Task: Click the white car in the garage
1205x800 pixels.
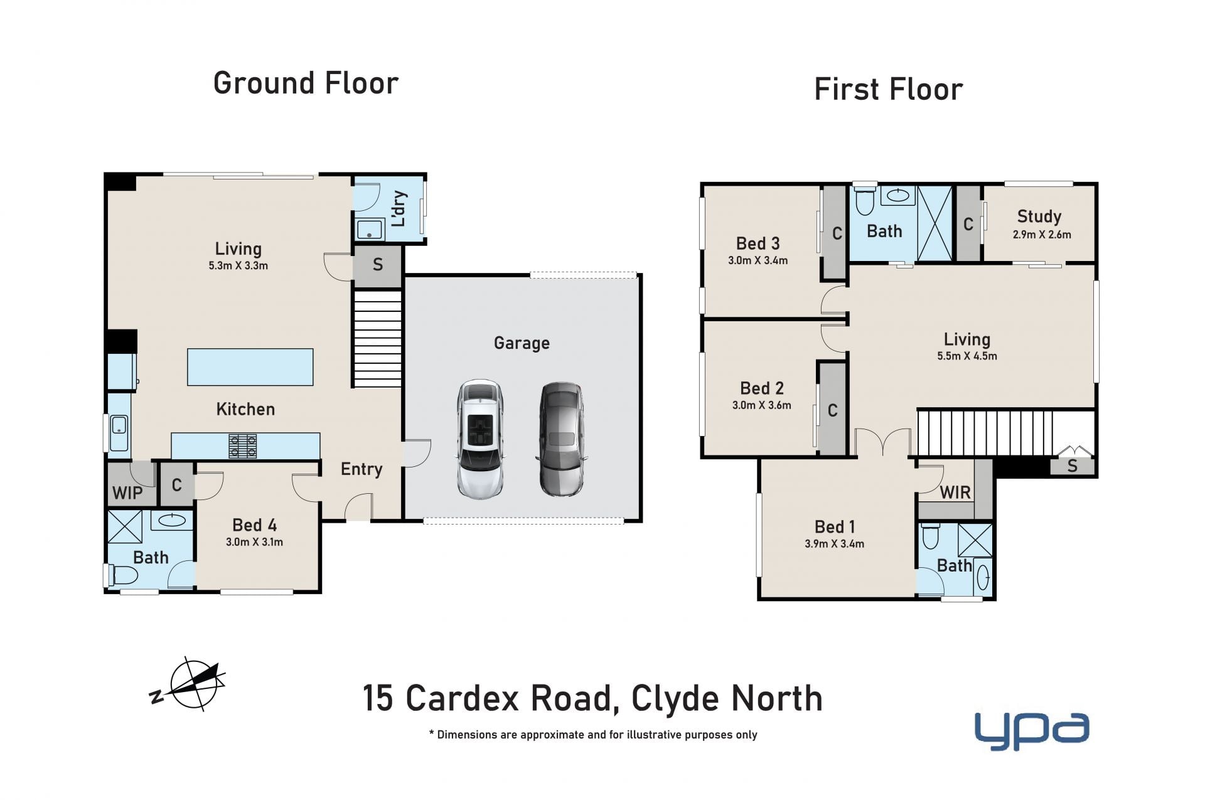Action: coord(480,439)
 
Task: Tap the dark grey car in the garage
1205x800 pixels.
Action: coord(562,439)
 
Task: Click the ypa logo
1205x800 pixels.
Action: coord(1031,730)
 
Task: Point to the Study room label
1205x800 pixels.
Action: coord(1039,216)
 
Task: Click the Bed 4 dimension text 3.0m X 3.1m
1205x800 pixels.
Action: coord(254,542)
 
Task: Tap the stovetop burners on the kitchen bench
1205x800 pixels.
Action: coord(243,446)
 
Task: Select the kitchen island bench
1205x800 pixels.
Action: coord(250,367)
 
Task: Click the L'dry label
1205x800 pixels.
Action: coord(399,209)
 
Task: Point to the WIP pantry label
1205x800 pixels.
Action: coord(127,493)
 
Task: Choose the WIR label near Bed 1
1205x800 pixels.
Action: coord(955,493)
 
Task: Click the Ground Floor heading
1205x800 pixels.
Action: coord(306,83)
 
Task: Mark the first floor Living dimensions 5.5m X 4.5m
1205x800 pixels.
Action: coord(967,356)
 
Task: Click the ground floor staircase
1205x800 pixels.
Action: coord(377,338)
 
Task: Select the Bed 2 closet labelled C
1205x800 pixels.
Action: coord(833,410)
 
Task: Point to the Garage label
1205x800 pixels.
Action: coord(522,343)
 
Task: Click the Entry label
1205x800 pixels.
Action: coord(361,469)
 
